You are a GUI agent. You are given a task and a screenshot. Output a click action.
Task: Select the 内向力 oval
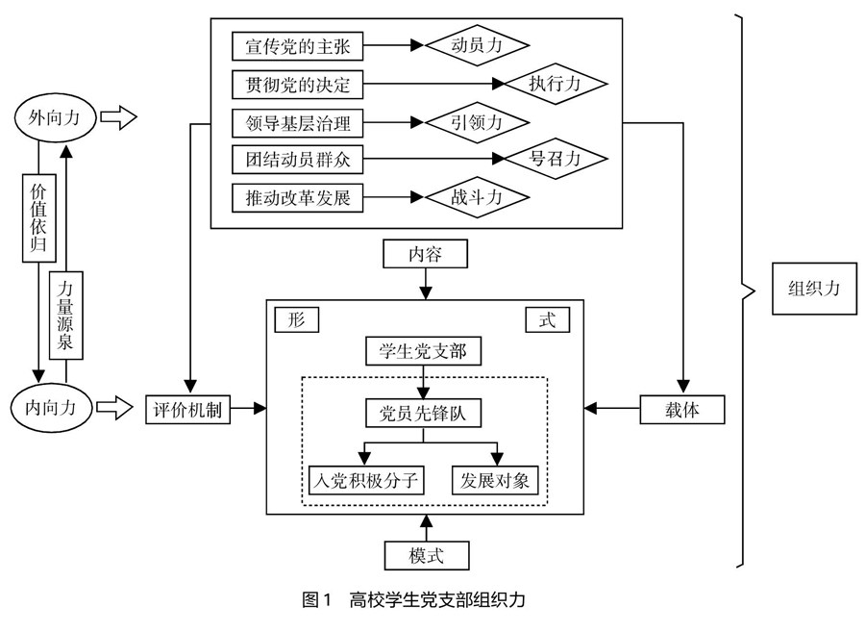click(x=52, y=406)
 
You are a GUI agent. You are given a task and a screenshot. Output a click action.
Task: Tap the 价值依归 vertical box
click(x=37, y=216)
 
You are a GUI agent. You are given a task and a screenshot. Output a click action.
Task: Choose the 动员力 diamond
click(x=477, y=45)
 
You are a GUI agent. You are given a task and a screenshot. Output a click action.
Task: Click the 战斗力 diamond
click(x=477, y=198)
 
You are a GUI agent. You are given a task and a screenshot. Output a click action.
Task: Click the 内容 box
click(x=425, y=254)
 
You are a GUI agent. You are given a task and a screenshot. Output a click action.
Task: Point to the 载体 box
click(x=682, y=409)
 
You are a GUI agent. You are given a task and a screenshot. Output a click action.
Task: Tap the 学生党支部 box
click(x=424, y=351)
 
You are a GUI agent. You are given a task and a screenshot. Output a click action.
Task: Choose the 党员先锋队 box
click(x=424, y=413)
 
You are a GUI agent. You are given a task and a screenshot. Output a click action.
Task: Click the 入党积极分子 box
click(x=364, y=478)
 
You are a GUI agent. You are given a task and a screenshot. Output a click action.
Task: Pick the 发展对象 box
click(x=496, y=478)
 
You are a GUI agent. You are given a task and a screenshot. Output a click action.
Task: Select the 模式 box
click(x=425, y=555)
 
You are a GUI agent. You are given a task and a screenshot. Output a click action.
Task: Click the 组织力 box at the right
click(x=813, y=288)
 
